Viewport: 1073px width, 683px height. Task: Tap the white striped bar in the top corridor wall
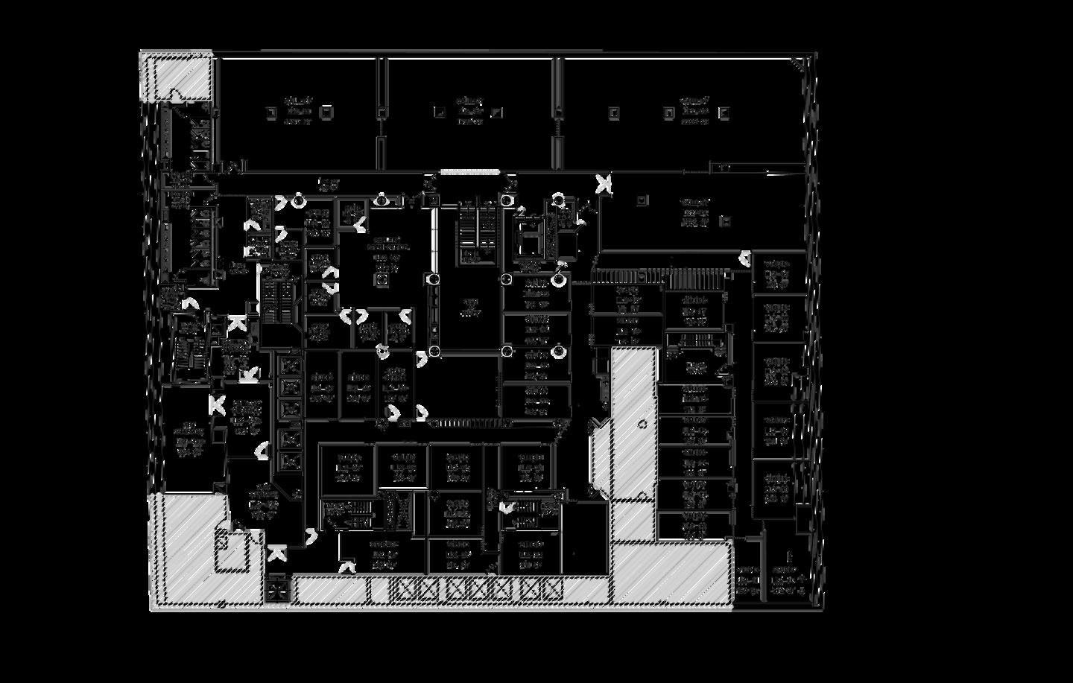click(469, 172)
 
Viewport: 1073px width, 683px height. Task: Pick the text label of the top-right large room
click(694, 110)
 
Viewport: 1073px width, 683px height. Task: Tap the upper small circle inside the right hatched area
click(642, 424)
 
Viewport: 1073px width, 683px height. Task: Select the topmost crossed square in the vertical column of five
click(290, 366)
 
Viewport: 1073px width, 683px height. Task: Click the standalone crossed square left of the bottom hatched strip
click(277, 589)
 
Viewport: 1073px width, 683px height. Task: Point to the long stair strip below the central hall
click(469, 423)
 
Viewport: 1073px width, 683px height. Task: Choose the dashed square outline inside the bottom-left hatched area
click(232, 551)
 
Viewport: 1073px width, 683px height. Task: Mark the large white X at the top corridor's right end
click(603, 182)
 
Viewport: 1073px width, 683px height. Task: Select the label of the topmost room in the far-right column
click(777, 273)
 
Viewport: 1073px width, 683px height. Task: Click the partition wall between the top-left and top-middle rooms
click(382, 112)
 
